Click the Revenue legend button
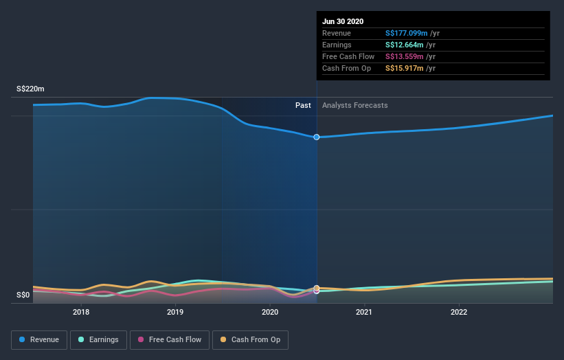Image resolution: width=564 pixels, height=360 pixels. [x=40, y=339]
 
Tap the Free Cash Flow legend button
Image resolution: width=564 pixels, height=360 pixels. [x=170, y=339]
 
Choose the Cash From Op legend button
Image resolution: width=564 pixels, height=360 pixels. [x=250, y=339]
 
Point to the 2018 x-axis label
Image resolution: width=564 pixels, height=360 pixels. [x=81, y=312]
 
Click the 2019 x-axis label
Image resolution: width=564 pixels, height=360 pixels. [x=175, y=312]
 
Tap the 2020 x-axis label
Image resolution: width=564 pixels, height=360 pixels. [x=270, y=312]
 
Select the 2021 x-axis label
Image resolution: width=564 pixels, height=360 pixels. [x=364, y=312]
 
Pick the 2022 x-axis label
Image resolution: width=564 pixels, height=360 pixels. [x=458, y=312]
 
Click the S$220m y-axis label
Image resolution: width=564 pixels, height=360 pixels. [x=31, y=89]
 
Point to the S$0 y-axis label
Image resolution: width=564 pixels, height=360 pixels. [x=24, y=295]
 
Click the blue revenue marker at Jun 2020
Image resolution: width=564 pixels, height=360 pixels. [x=317, y=137]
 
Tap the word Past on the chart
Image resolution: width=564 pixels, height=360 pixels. [x=303, y=105]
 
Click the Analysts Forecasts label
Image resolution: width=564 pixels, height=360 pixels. [x=354, y=105]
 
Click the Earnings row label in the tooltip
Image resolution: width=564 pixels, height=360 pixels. [x=337, y=45]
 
